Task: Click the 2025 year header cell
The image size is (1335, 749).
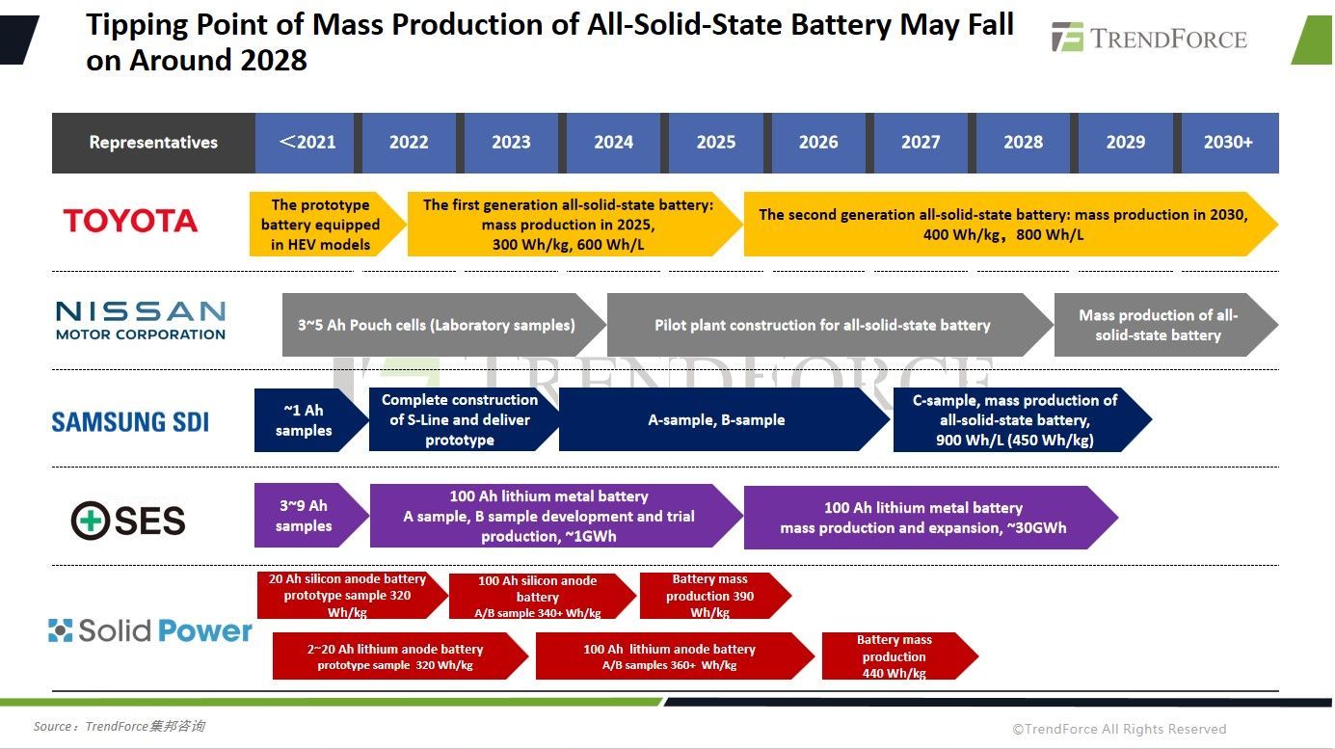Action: [x=715, y=143]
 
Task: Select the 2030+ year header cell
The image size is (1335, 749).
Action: [x=1228, y=143]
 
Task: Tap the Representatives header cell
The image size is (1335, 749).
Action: [x=153, y=143]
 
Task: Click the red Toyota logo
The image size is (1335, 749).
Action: [x=130, y=221]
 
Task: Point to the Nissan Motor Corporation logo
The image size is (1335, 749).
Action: [x=141, y=320]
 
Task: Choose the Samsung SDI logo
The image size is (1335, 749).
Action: [x=130, y=421]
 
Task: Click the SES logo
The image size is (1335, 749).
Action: [x=128, y=522]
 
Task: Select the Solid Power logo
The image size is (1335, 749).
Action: [x=150, y=631]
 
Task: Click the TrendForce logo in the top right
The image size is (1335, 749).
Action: [x=1149, y=39]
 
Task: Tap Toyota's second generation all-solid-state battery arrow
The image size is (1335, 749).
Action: [x=1002, y=225]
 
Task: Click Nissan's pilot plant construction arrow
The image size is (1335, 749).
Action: [x=822, y=325]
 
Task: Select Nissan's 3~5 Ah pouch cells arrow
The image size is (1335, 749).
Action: [x=437, y=325]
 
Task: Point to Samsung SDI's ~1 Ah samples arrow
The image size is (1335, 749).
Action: [x=304, y=420]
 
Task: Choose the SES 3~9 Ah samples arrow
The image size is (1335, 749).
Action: [x=304, y=516]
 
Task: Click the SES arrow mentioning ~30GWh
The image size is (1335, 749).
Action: [x=922, y=518]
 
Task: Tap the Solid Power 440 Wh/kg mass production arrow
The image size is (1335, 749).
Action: [x=894, y=656]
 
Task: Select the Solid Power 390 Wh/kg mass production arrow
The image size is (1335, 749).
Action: [x=709, y=596]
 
